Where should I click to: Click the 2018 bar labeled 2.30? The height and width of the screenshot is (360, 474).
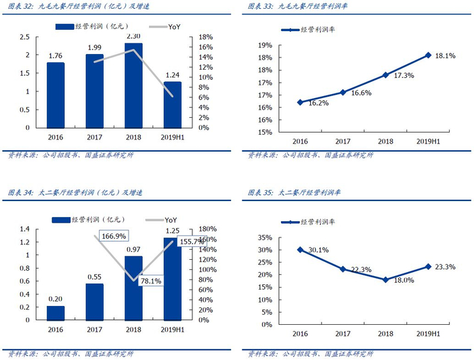pyautogui.click(x=133, y=85)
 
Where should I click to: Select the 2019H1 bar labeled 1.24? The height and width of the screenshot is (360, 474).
pyautogui.click(x=173, y=104)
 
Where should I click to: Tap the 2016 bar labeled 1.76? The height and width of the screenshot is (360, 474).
pyautogui.click(x=56, y=95)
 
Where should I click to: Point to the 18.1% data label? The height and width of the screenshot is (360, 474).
pyautogui.click(x=445, y=56)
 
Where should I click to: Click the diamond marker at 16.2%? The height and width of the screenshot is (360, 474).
pyautogui.click(x=301, y=102)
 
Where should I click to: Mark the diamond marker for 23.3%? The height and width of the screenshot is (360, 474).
pyautogui.click(x=428, y=266)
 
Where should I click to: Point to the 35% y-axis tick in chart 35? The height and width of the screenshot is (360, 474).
pyautogui.click(x=266, y=238)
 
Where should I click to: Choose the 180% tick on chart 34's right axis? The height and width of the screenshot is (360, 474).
pyautogui.click(x=209, y=229)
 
